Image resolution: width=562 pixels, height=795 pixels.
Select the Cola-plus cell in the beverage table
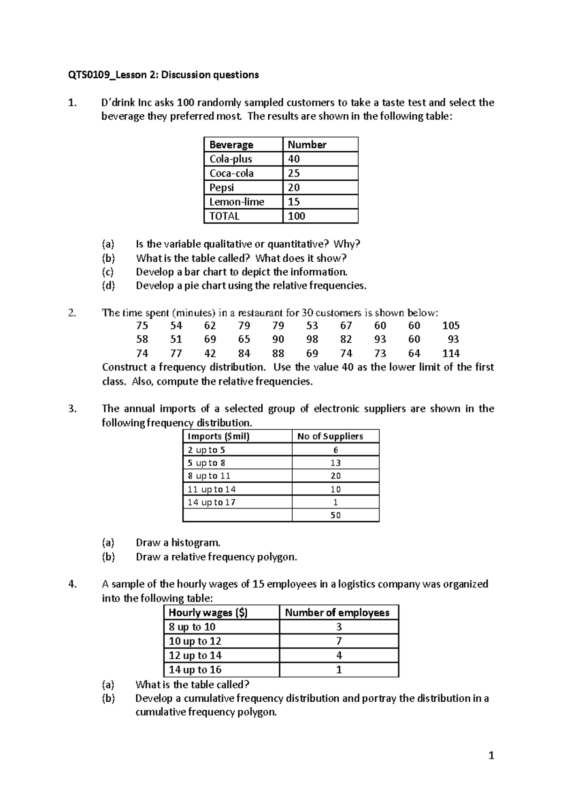pyautogui.click(x=231, y=159)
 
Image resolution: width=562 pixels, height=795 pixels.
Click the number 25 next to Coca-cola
pyautogui.click(x=294, y=173)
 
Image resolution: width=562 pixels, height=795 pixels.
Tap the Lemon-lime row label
pyautogui.click(x=237, y=202)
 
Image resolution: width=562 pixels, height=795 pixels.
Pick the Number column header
pyautogui.click(x=307, y=145)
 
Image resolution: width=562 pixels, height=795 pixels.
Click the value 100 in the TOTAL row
pyautogui.click(x=296, y=216)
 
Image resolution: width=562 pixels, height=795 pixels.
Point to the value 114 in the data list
pyautogui.click(x=451, y=353)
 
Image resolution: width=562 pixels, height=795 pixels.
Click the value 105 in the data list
pyautogui.click(x=451, y=325)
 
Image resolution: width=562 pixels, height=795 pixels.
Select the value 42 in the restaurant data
pyautogui.click(x=210, y=353)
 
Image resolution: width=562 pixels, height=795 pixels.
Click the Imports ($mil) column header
pyautogui.click(x=218, y=436)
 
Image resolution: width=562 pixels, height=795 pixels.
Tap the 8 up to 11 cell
pyautogui.click(x=209, y=476)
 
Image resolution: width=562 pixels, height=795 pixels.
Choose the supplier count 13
pyautogui.click(x=335, y=463)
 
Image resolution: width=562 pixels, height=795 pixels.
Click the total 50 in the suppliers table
pyautogui.click(x=335, y=515)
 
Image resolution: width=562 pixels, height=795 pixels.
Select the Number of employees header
pyautogui.click(x=337, y=613)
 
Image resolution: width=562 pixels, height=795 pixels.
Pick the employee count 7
pyautogui.click(x=339, y=641)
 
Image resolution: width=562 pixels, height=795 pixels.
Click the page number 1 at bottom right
pyautogui.click(x=491, y=755)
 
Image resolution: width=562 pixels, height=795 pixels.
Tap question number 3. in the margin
pyautogui.click(x=72, y=409)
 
